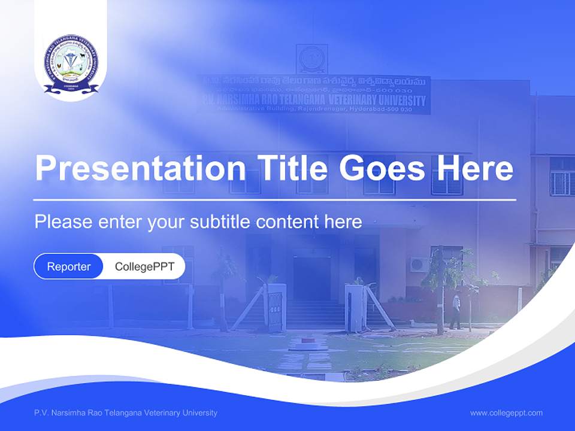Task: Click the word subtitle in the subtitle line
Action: tap(220, 222)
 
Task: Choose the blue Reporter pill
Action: tap(69, 266)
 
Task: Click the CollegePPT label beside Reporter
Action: tap(144, 266)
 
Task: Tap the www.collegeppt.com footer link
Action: tap(506, 413)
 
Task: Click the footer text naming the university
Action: tap(126, 413)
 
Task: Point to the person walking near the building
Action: tap(456, 311)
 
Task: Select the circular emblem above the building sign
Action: tap(312, 59)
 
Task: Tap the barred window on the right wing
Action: tap(562, 178)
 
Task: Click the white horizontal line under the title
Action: tap(275, 199)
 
